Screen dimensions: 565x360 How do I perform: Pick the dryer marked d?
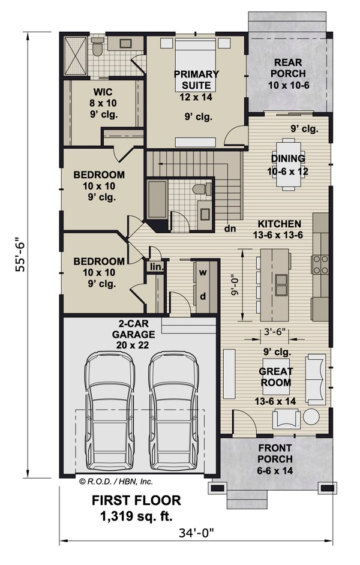click(x=203, y=296)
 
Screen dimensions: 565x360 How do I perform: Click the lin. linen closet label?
click(x=155, y=266)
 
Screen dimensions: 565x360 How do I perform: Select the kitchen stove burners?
click(x=319, y=263)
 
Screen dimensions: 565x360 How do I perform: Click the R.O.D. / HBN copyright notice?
click(x=115, y=480)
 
